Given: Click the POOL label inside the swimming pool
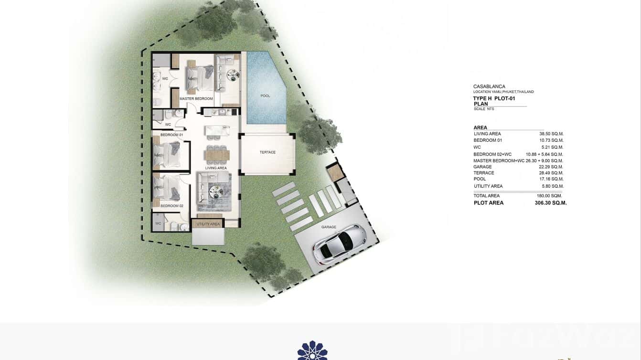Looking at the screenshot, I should coord(265,96).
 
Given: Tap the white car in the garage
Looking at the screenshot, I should coord(339,244).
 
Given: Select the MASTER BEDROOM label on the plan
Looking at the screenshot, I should coord(196,99).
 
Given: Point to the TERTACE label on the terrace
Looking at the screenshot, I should coord(267,152).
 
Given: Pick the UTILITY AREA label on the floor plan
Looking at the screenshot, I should coord(208,224).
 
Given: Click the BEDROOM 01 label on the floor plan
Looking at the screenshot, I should coord(171,135).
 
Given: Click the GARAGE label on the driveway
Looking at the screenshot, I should coord(329,227).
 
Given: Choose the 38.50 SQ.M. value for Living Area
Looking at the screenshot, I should coord(551,134).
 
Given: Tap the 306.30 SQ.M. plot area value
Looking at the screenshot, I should coord(551,203).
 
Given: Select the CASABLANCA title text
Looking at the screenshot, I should coord(489,87).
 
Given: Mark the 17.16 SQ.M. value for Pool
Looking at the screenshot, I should coord(551,179).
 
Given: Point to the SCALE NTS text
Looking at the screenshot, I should coord(484,109).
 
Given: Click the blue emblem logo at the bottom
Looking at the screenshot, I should coord(312,350).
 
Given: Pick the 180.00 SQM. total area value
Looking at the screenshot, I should coord(549,196).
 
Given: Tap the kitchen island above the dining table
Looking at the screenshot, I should coord(217,131).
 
